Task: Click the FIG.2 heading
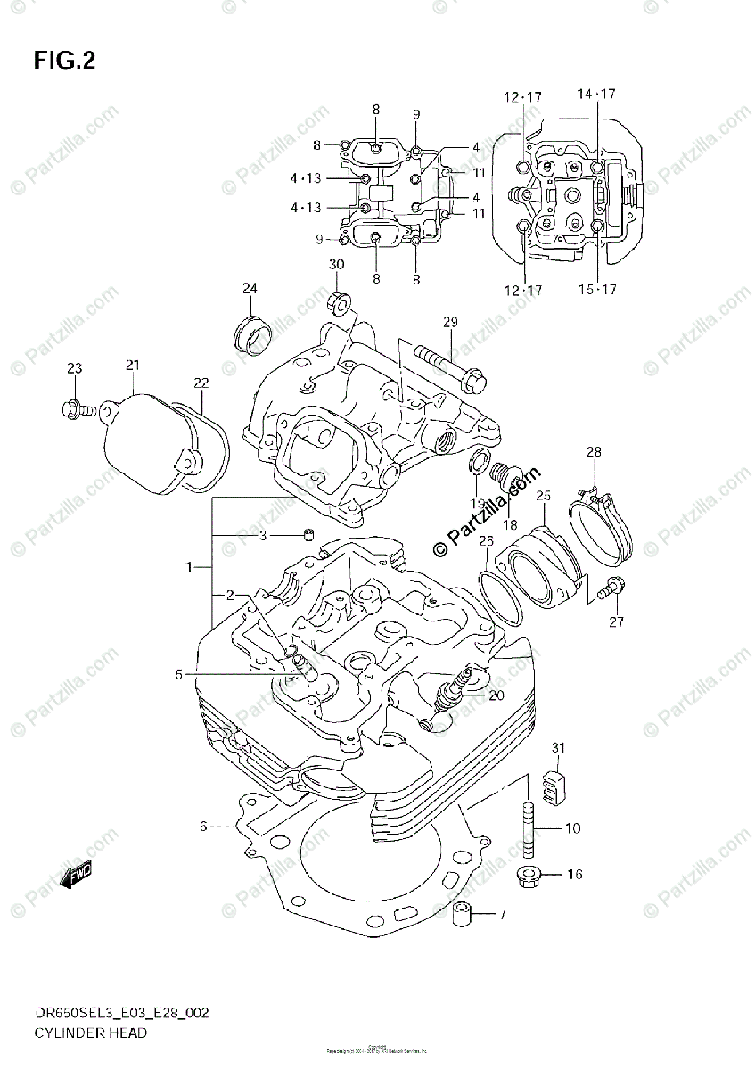pyautogui.click(x=64, y=62)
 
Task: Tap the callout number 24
pyautogui.click(x=250, y=288)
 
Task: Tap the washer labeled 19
pyautogui.click(x=478, y=462)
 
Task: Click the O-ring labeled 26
pyautogui.click(x=502, y=588)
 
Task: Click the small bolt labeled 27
pyautogui.click(x=611, y=588)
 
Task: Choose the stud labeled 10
pyautogui.click(x=526, y=828)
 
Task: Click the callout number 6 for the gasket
pyautogui.click(x=203, y=827)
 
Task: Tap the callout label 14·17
pyautogui.click(x=596, y=94)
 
